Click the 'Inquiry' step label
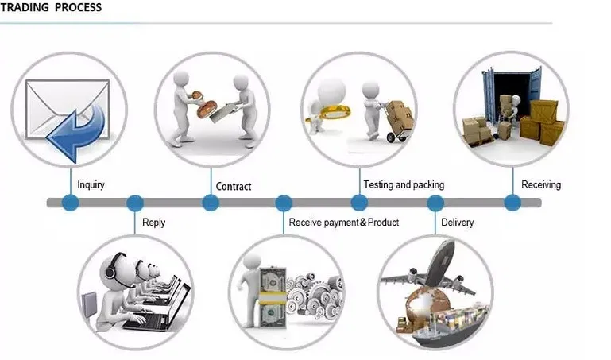(x=91, y=185)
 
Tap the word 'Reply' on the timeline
(x=153, y=223)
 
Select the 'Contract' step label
(x=234, y=187)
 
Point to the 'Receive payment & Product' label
(x=343, y=223)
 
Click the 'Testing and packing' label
(x=404, y=184)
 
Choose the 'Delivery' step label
(x=457, y=223)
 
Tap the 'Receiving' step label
(x=540, y=184)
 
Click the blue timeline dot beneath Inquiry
(x=71, y=203)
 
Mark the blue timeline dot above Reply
(x=134, y=203)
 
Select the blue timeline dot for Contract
(x=211, y=203)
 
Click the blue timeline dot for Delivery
(x=435, y=203)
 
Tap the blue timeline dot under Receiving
(x=512, y=203)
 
